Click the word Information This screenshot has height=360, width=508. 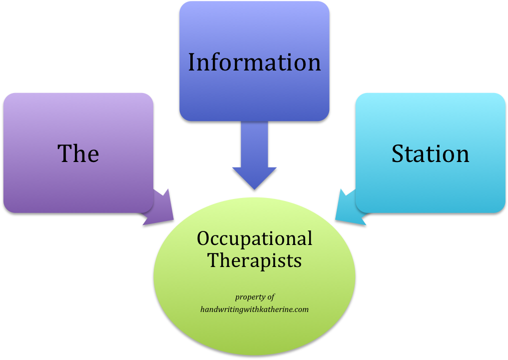tap(254, 62)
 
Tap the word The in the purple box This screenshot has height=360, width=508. tap(78, 153)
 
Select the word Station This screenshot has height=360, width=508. tap(430, 153)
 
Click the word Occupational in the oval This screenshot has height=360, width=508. tap(254, 238)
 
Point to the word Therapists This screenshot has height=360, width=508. tap(254, 260)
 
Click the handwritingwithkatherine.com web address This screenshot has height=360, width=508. tap(254, 309)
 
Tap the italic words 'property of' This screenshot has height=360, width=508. tap(255, 297)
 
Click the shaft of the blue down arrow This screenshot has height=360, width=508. tap(254, 145)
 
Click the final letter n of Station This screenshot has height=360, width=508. tap(463, 155)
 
